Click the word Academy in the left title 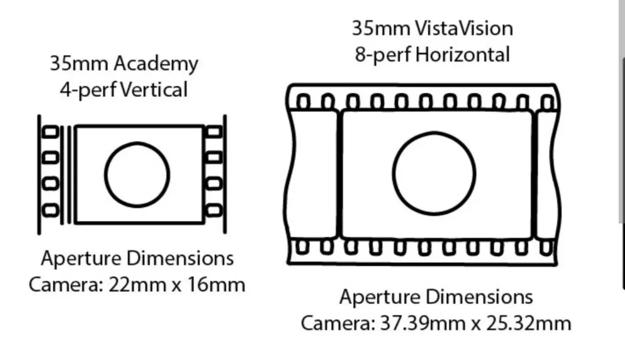point(156,64)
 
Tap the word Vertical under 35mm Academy point(153,90)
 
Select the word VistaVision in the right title point(464,29)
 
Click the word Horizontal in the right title point(462,54)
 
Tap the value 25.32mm point(528,324)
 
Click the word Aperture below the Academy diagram point(82,259)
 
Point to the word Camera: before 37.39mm point(338,324)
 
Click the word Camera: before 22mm point(66,285)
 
